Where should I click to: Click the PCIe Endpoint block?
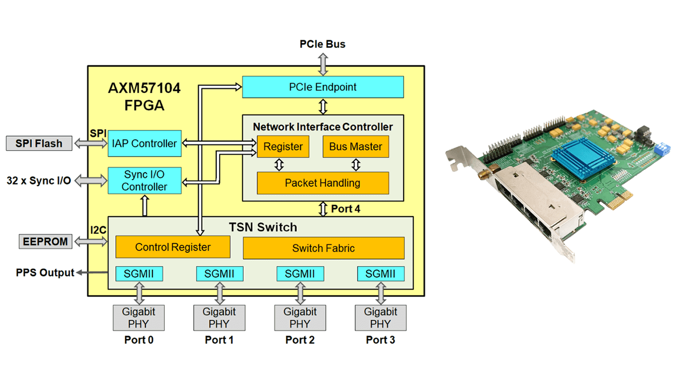pos(323,87)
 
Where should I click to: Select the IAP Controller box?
pos(144,143)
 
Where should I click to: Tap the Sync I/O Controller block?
pos(144,180)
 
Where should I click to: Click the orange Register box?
pos(283,147)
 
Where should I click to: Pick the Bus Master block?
pos(355,147)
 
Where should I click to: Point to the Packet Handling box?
pos(323,183)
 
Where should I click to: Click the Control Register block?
pos(173,247)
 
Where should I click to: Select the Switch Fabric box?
pos(323,248)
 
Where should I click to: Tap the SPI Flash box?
pos(39,143)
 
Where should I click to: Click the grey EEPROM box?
pos(45,241)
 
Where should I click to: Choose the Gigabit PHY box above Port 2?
pos(300,317)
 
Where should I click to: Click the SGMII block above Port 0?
pos(139,274)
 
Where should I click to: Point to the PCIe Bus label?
pos(322,44)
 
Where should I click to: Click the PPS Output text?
pos(45,273)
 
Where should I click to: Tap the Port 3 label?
pos(381,340)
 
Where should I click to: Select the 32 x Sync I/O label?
pos(39,181)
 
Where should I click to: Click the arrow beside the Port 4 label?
pos(323,209)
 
